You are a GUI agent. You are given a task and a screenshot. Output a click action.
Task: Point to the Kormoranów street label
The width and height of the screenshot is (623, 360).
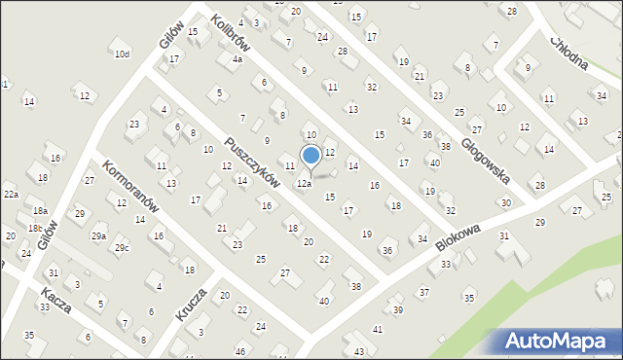(x=128, y=189)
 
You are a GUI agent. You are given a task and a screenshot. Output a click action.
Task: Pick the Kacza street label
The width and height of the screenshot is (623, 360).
(x=55, y=300)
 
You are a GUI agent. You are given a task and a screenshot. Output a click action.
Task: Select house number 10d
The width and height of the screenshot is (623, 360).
(x=122, y=54)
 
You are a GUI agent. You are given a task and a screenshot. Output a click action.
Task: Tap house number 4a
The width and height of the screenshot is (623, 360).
(x=237, y=58)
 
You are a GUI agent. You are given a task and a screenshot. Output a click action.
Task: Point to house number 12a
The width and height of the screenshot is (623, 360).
(x=304, y=183)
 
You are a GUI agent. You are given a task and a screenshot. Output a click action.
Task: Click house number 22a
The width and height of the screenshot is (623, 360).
(x=11, y=195)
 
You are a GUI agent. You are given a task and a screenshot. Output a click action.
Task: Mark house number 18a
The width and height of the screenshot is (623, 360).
(x=40, y=210)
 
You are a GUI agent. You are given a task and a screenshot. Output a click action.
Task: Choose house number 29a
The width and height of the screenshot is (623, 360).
(x=98, y=236)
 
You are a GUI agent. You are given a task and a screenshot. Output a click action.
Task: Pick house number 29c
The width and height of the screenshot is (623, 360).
(x=121, y=248)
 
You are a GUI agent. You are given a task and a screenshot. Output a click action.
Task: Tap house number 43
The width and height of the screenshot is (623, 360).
(x=359, y=350)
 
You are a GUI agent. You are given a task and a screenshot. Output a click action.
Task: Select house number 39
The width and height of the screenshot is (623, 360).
(x=397, y=309)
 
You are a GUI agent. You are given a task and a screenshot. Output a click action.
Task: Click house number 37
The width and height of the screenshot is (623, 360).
(x=423, y=292)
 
